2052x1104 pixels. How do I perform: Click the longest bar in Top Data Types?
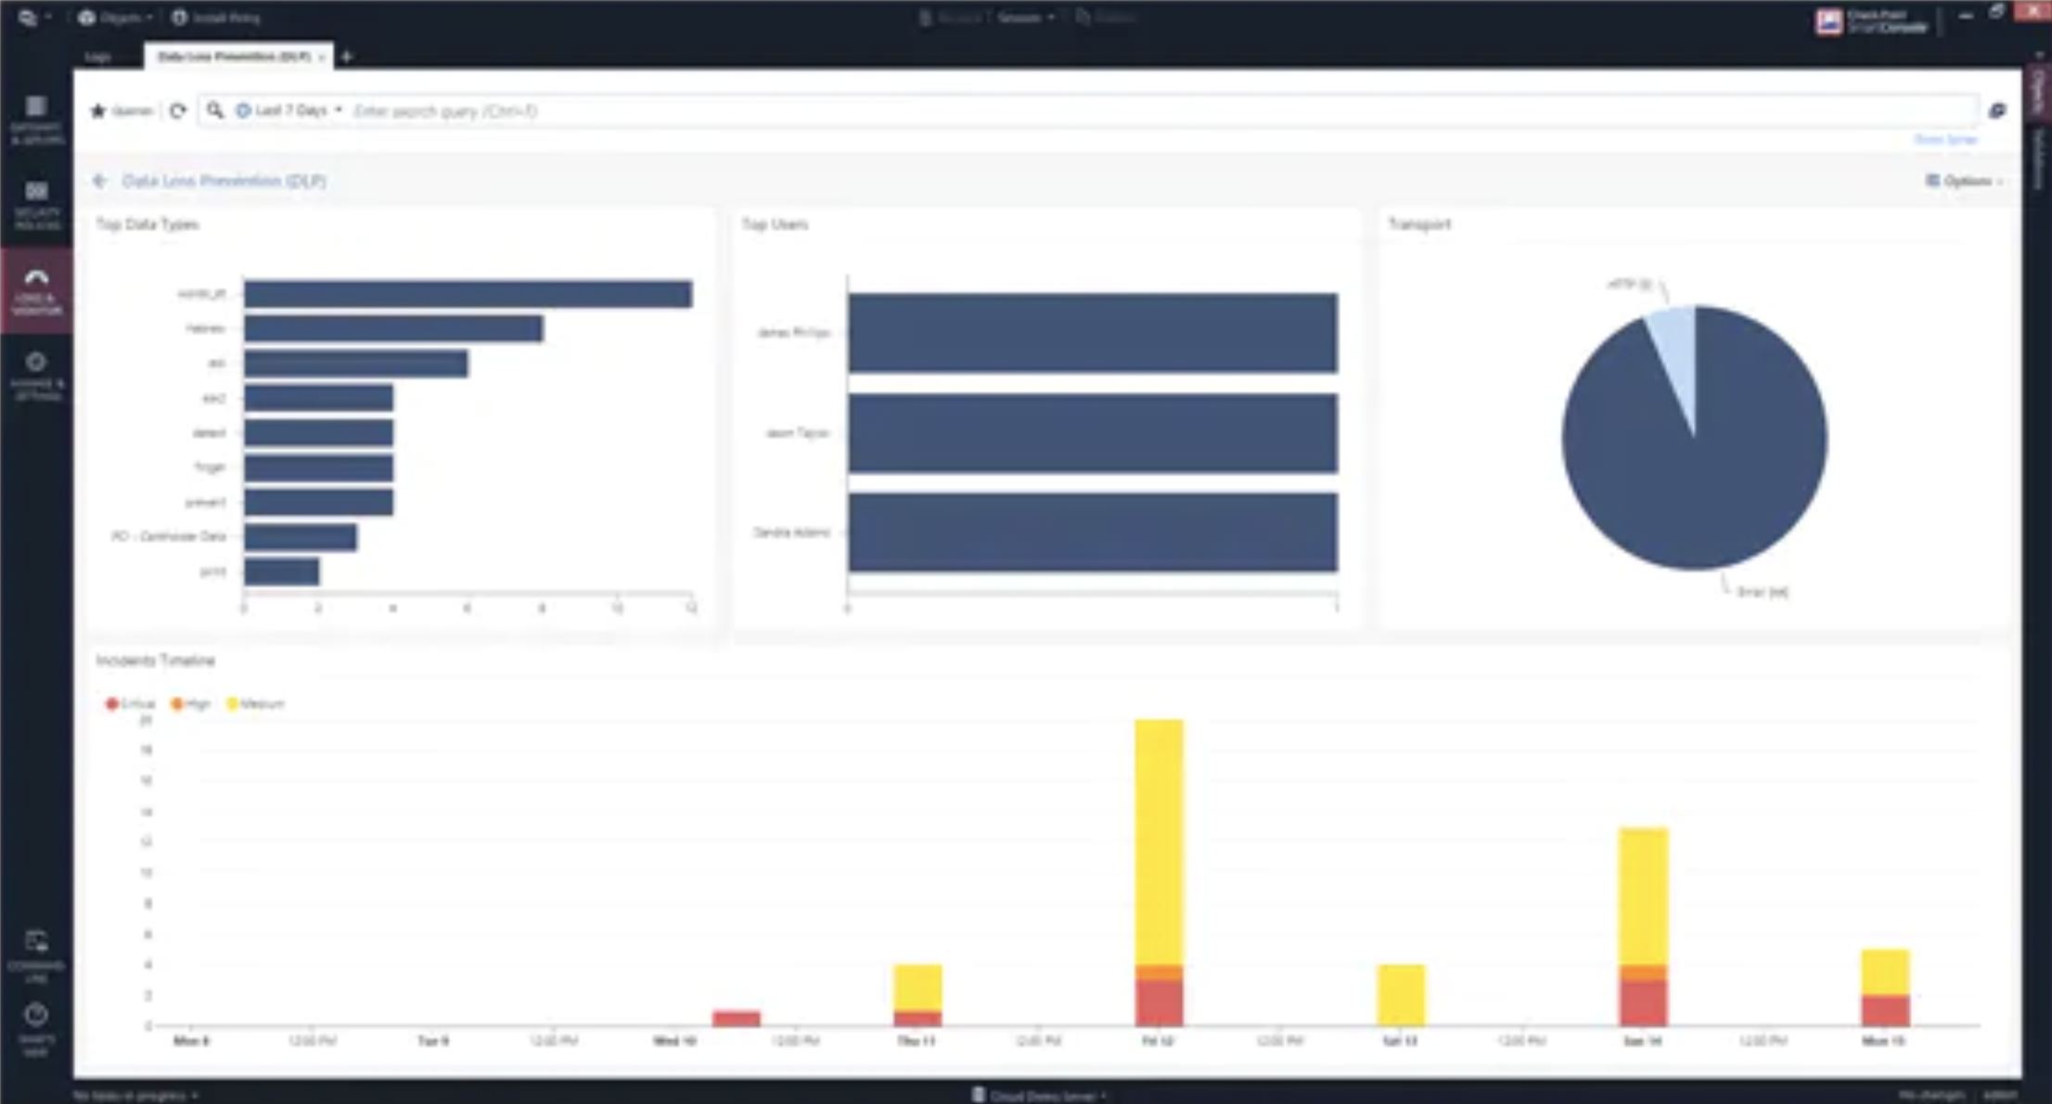(468, 294)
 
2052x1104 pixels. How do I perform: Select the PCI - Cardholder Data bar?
(301, 537)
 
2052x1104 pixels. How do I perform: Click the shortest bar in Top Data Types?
(282, 571)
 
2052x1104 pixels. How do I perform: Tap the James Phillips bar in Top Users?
(1092, 333)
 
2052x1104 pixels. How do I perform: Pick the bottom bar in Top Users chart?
(1092, 533)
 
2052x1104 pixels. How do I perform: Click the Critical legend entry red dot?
(112, 704)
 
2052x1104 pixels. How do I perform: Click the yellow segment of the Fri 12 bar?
(1159, 840)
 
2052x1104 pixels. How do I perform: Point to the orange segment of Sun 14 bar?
(1643, 972)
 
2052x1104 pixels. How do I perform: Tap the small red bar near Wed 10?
(737, 1018)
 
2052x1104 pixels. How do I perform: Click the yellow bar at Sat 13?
(1401, 995)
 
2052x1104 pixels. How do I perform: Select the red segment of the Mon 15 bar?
(1885, 1010)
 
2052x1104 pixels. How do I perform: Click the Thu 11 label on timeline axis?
(916, 1041)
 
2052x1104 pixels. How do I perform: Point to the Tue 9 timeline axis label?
(432, 1041)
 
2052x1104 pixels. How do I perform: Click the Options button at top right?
(1964, 181)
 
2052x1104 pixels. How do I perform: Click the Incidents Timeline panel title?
(156, 661)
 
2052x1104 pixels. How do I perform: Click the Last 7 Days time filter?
(289, 110)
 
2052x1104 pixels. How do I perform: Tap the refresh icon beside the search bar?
(177, 110)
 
